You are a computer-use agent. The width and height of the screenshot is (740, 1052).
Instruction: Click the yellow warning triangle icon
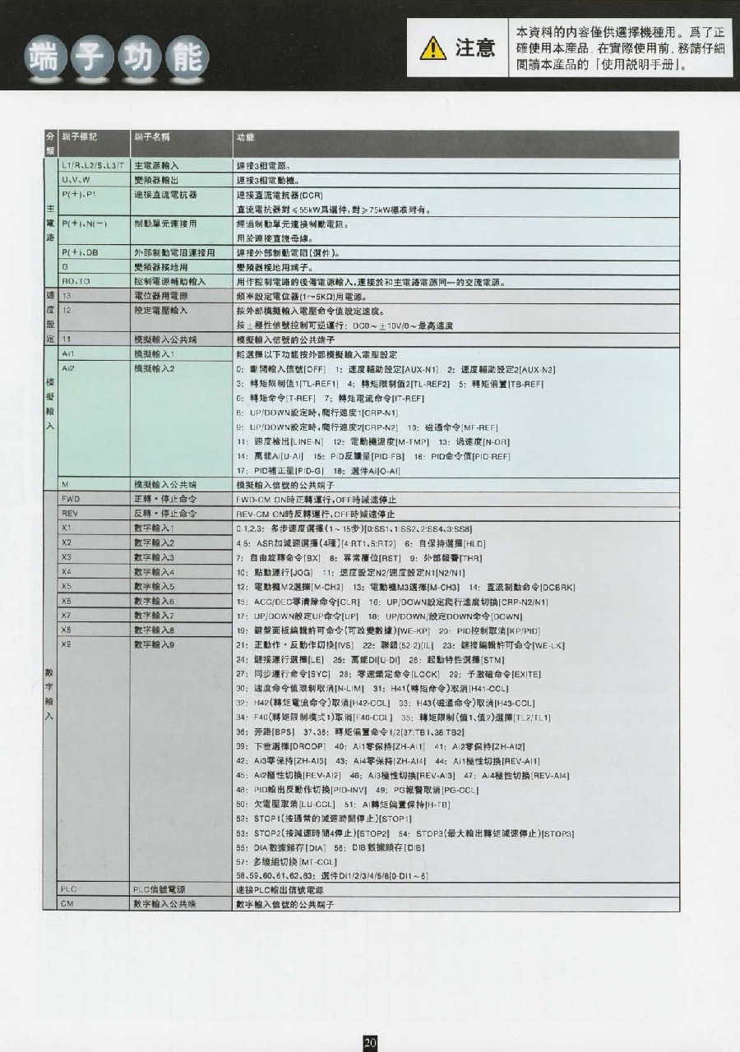coord(433,49)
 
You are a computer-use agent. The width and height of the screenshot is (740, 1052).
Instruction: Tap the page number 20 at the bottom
coord(370,1041)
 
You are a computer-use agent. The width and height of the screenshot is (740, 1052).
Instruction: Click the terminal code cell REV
coord(69,513)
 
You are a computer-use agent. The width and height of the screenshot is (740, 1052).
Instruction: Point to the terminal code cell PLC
coord(69,889)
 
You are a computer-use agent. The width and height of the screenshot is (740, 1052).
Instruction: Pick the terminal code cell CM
coord(67,903)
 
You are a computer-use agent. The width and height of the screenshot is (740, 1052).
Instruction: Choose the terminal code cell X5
coord(67,586)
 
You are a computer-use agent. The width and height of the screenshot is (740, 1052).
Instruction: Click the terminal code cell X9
coord(67,644)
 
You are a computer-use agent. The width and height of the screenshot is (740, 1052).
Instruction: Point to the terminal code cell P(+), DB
coord(80,252)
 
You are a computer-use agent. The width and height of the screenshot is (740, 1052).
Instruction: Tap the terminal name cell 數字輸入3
coord(155,557)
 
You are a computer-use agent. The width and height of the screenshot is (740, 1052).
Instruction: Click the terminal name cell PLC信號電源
coord(159,889)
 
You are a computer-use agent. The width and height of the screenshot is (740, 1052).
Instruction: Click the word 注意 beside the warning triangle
coord(475,49)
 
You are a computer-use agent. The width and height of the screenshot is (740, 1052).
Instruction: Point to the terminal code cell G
coord(64,267)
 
